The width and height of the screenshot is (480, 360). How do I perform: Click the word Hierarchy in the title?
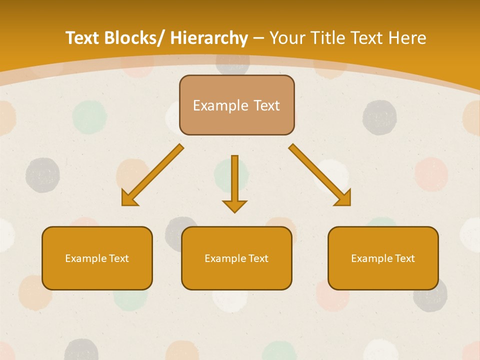pos(208,38)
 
